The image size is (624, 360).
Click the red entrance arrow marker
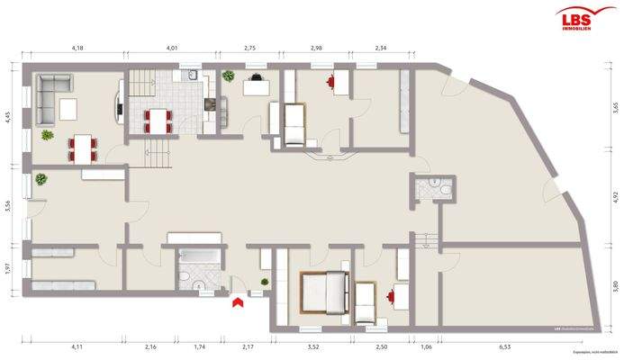coord(238,303)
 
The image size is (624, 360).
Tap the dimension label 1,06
coord(426,346)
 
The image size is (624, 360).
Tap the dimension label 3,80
coord(616,287)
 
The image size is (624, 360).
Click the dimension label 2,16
coord(150,346)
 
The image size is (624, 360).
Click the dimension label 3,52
coord(313,346)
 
